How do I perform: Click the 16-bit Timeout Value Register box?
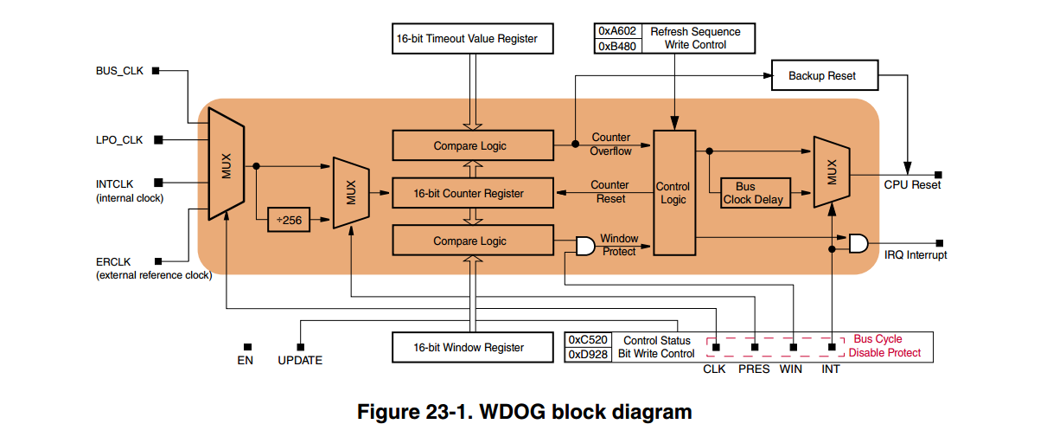pos(472,39)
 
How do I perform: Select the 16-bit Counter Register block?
pos(472,193)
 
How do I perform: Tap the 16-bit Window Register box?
pos(472,347)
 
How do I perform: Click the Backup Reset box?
pos(823,75)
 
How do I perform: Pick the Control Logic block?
pos(673,192)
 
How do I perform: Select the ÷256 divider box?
pos(290,221)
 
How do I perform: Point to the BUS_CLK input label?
pos(119,71)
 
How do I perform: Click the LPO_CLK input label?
pos(119,139)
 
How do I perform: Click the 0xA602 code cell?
pos(617,31)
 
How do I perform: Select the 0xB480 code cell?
pos(617,46)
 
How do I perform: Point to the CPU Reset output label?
pos(912,184)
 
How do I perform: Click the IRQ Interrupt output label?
pos(916,255)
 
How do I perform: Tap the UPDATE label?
pos(300,360)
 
